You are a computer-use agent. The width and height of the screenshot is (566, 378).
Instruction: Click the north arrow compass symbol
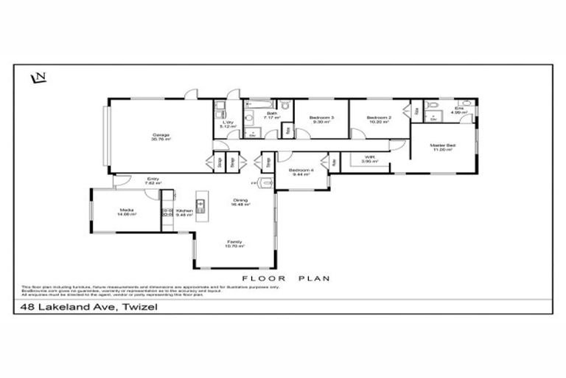coord(38,77)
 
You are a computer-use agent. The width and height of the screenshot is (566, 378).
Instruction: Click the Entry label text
coord(153,180)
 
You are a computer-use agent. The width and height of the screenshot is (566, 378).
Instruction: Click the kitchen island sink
coord(200,204)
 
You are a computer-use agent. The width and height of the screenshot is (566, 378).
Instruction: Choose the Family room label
coord(235,243)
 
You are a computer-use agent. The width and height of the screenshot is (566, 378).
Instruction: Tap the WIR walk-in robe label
coord(371,158)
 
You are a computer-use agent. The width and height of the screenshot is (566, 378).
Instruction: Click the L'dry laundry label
coord(229,124)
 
